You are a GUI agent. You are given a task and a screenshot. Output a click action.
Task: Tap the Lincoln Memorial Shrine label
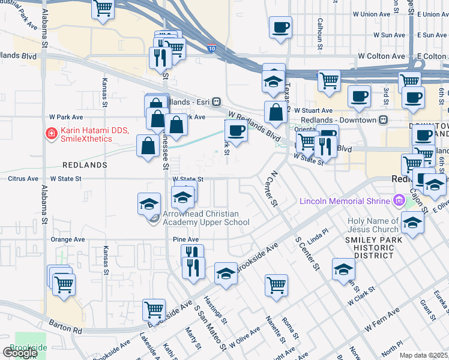[x=344, y=200]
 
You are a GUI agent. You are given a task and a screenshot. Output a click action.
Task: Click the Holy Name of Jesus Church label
[x=373, y=225]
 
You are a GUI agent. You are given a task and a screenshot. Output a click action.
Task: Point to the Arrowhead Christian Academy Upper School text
[x=206, y=218]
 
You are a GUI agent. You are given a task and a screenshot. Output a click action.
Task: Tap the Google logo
[x=20, y=353]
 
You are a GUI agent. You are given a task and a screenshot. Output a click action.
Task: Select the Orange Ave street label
[x=67, y=239]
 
